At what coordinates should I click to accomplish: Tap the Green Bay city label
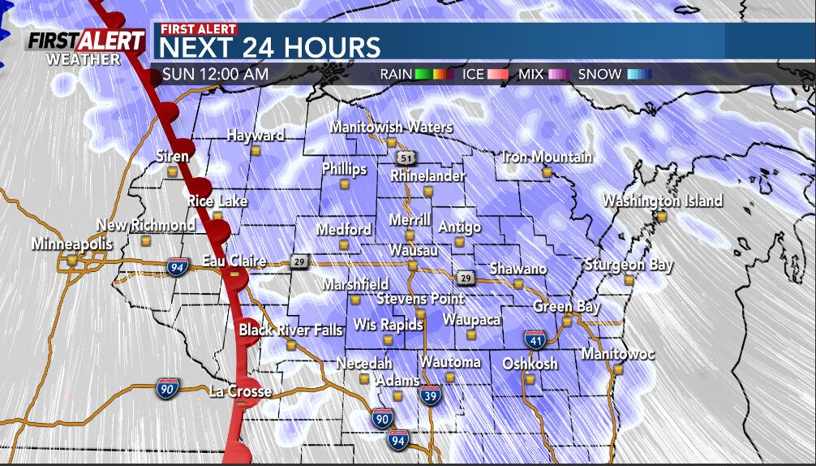click(566, 307)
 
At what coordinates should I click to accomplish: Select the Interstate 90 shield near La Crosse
click(168, 388)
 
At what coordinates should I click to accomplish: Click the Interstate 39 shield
click(432, 395)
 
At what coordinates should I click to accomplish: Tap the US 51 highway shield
click(404, 157)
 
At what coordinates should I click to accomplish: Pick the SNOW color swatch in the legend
click(639, 75)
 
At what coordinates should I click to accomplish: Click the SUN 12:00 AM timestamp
click(215, 75)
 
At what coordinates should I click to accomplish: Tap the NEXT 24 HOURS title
click(270, 46)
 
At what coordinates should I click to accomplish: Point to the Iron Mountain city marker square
click(547, 172)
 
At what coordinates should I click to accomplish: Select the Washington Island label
click(662, 201)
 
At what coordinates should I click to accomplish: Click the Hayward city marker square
click(256, 150)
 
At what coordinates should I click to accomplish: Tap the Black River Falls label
click(290, 330)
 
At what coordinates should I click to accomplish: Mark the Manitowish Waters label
click(391, 127)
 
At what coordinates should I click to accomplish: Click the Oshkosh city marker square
click(530, 379)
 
